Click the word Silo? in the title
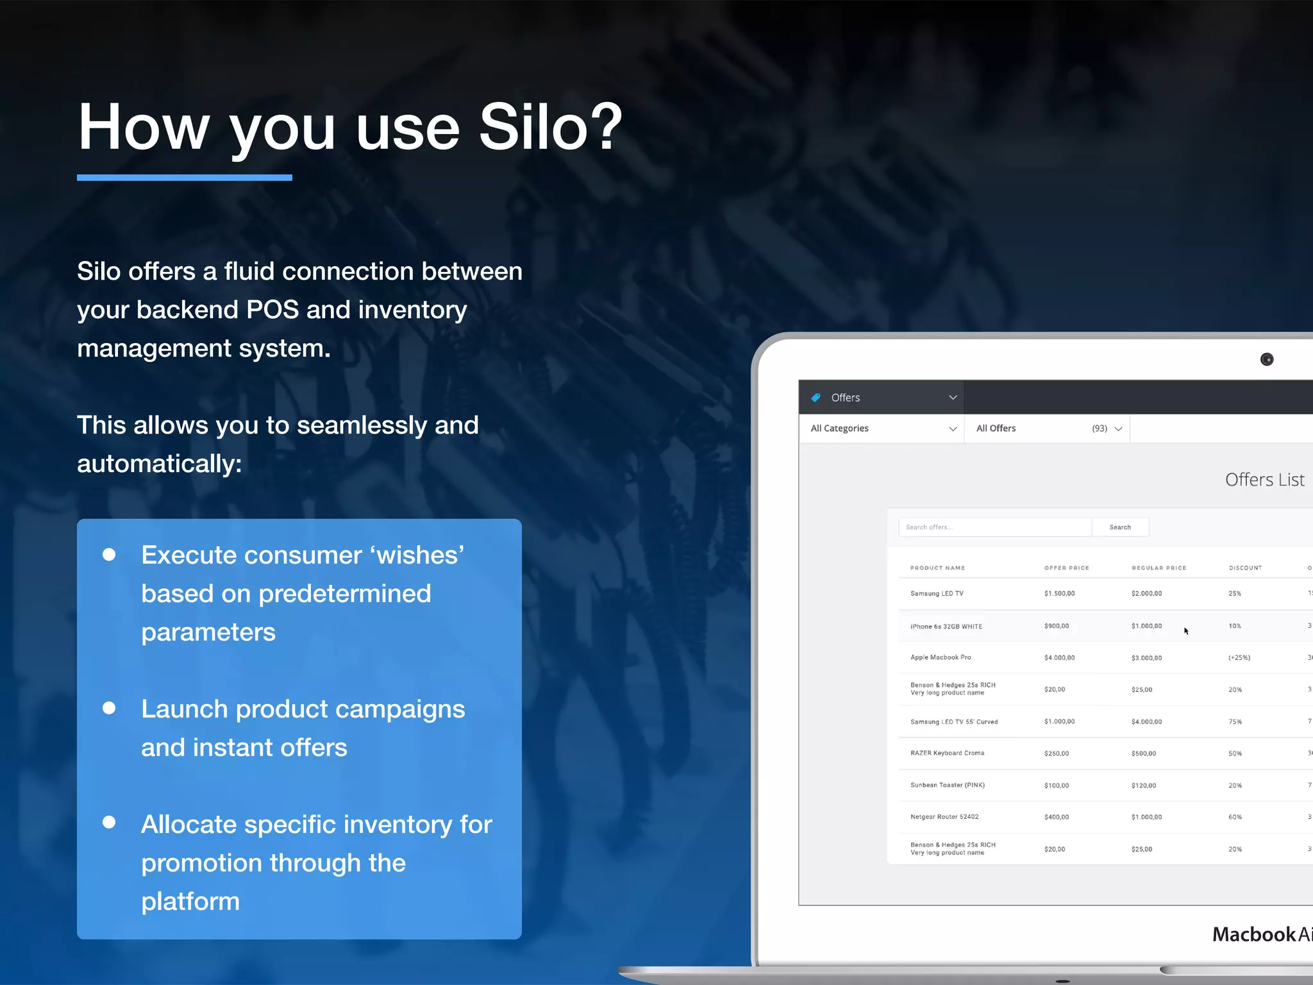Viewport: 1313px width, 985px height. (x=550, y=128)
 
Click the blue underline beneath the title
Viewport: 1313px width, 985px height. (x=185, y=178)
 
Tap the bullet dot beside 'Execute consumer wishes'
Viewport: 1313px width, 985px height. (x=109, y=555)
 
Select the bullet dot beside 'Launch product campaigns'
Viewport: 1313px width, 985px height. (x=109, y=708)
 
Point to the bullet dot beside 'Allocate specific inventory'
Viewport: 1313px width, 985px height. (x=109, y=823)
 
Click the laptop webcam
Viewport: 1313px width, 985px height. (x=1267, y=360)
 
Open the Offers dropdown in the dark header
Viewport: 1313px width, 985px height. (x=953, y=398)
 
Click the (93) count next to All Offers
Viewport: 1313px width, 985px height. (x=1100, y=428)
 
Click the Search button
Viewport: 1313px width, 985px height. (x=1120, y=527)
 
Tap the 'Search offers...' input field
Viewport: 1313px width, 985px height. (x=994, y=527)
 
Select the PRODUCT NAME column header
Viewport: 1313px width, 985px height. (x=937, y=568)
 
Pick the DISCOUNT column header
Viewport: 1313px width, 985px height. (x=1245, y=568)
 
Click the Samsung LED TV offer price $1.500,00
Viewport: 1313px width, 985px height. (x=1059, y=594)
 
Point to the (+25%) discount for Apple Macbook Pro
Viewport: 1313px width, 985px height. (x=1239, y=658)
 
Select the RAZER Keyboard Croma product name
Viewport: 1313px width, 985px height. (x=947, y=753)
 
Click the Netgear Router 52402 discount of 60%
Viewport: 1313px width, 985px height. (x=1235, y=817)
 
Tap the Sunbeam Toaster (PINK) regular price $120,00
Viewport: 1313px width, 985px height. (x=1144, y=786)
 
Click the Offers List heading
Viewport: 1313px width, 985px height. (x=1264, y=480)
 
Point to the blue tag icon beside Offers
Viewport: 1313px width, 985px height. (x=815, y=398)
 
